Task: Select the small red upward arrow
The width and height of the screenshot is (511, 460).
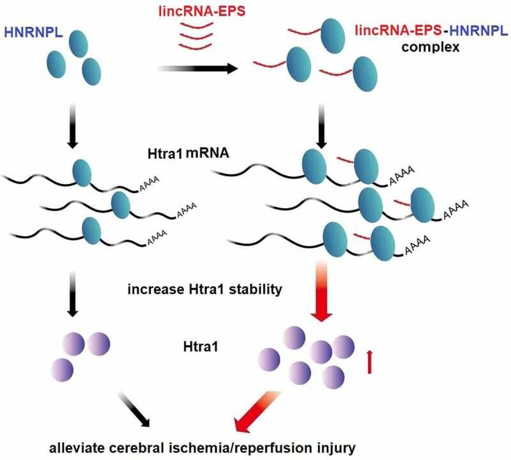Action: (369, 362)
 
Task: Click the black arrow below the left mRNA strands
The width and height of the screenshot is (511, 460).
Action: (72, 295)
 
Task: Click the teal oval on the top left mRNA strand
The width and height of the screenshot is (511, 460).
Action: (82, 172)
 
